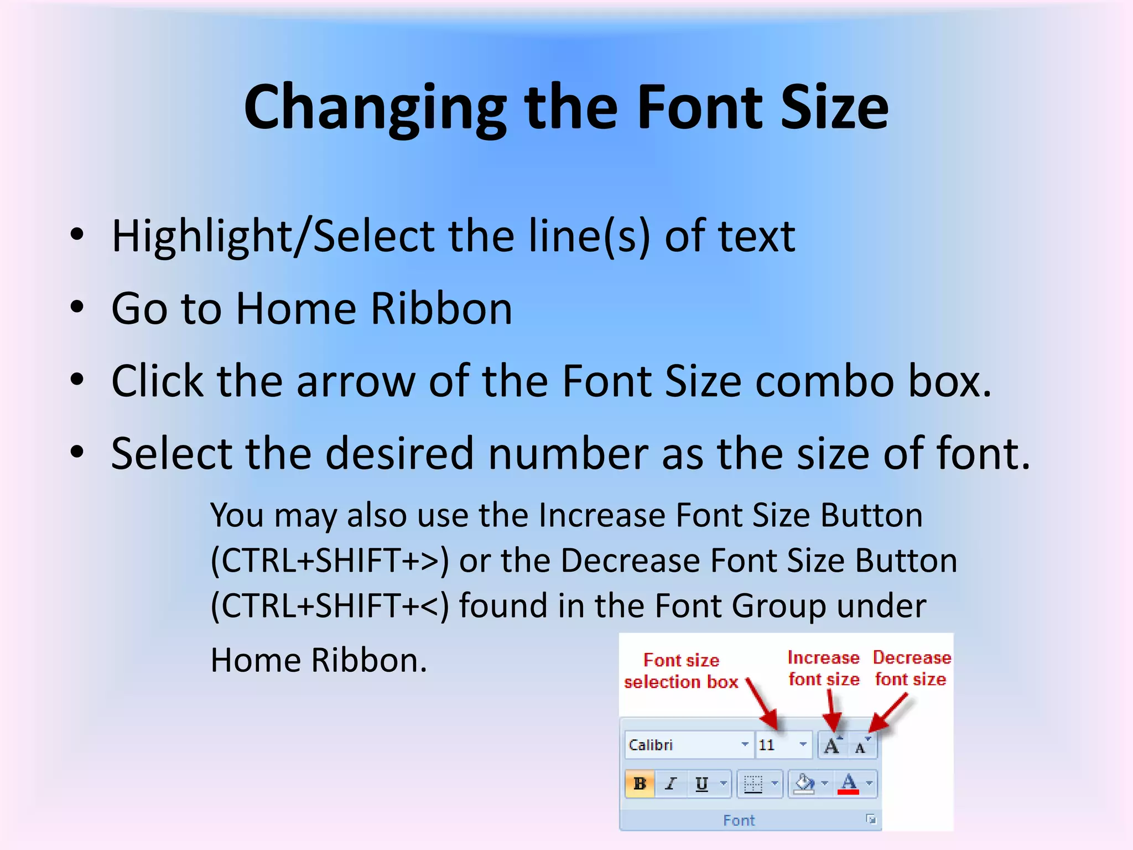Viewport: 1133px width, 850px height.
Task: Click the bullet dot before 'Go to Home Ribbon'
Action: coord(77,307)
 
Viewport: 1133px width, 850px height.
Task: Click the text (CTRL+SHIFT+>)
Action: coord(330,561)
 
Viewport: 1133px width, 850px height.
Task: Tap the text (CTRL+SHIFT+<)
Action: coord(330,606)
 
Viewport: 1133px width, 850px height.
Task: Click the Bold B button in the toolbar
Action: coord(640,784)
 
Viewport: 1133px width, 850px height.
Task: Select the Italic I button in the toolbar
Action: coord(671,784)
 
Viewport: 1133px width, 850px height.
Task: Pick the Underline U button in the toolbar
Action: coord(701,784)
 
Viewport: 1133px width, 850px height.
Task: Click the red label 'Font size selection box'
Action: coord(681,671)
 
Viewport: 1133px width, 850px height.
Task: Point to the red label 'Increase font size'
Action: coord(824,668)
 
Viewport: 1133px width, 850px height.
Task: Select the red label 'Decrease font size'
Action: coord(911,668)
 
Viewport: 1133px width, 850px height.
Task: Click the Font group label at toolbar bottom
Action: coord(739,820)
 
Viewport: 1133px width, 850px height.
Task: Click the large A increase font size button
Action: coord(831,745)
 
